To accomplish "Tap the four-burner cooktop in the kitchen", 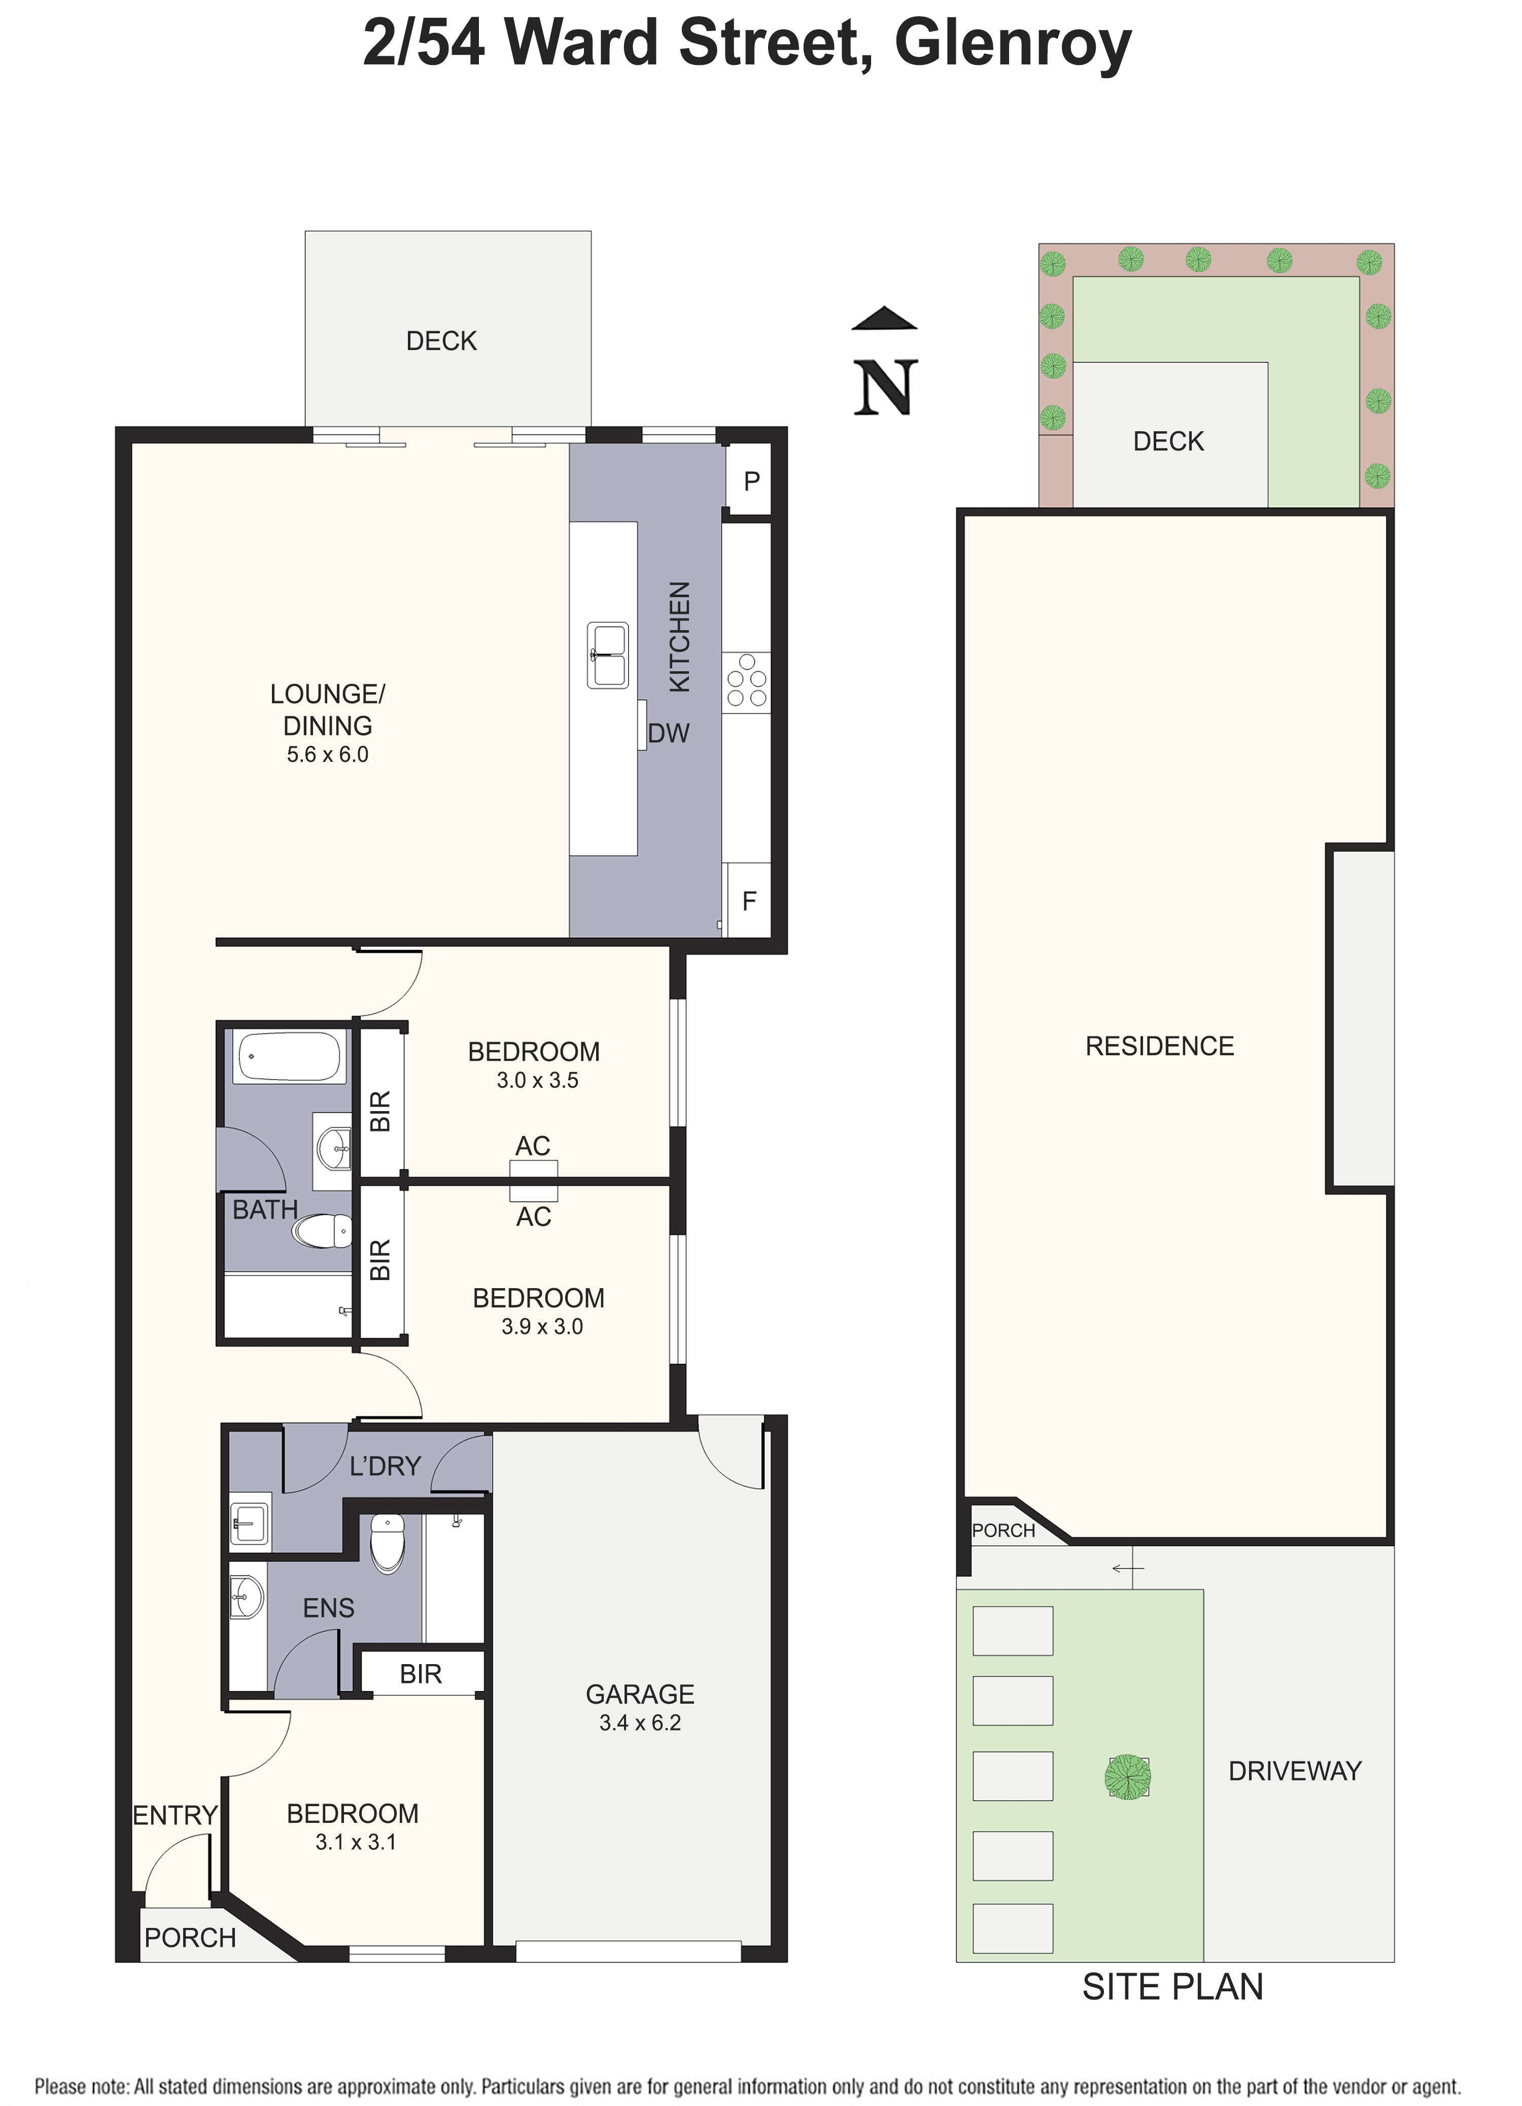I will point(747,682).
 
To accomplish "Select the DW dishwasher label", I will point(669,734).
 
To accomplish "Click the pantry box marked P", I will point(750,481).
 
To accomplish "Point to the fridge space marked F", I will point(748,901).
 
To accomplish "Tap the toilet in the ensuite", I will point(387,1543).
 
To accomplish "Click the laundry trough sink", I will point(250,1523).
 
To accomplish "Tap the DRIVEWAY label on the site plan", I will point(1295,1771).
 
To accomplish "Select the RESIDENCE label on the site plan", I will point(1159,1046).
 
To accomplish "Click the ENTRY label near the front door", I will point(175,1814).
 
